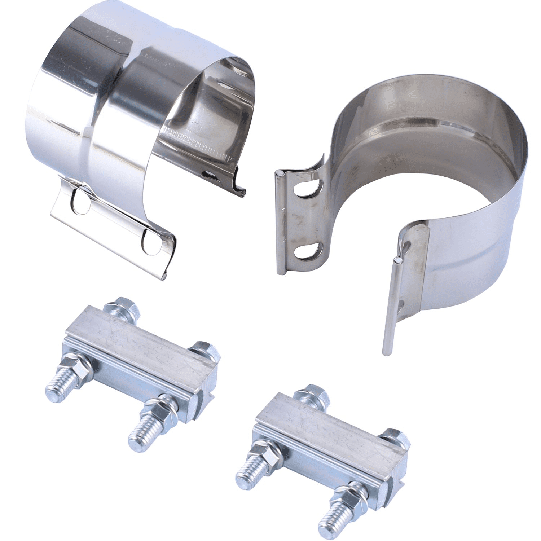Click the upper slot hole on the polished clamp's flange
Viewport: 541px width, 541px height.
click(80, 201)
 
